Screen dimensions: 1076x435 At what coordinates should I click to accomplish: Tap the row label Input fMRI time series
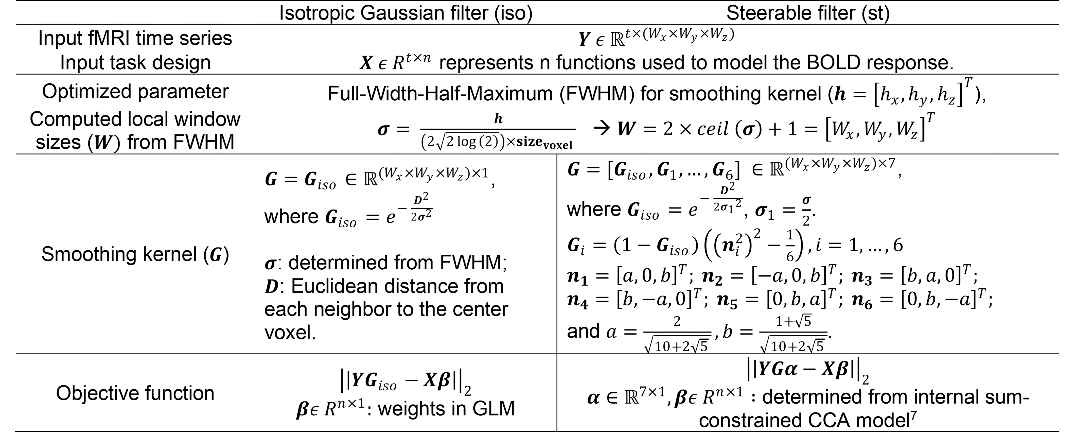(x=135, y=38)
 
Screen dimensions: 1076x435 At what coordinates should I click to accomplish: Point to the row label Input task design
(x=135, y=63)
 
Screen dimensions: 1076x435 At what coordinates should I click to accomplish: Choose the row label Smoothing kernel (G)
(x=135, y=254)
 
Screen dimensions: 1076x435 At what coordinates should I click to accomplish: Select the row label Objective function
(x=135, y=393)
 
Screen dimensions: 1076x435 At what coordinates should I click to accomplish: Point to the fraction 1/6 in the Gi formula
(x=789, y=245)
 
